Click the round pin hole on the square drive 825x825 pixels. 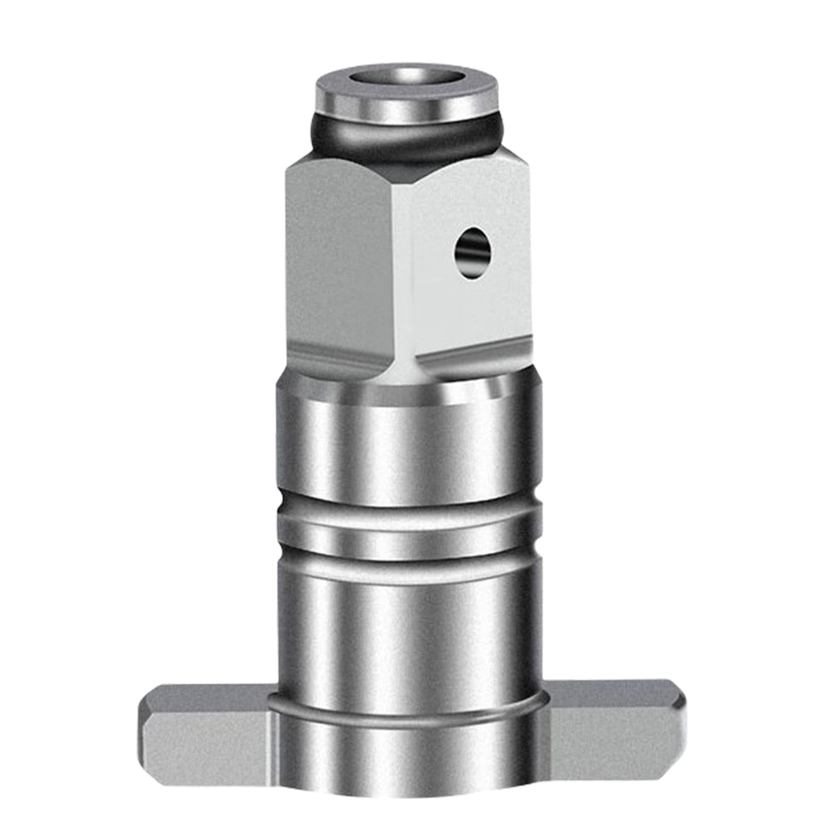pyautogui.click(x=472, y=253)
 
